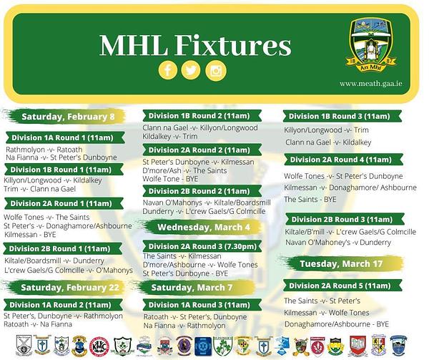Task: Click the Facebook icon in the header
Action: [168, 70]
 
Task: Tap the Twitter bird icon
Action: [191, 70]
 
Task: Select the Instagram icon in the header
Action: [216, 71]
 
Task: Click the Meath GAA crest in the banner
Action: [371, 44]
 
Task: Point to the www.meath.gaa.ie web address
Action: [370, 84]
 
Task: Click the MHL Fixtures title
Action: [195, 45]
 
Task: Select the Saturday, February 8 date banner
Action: [67, 117]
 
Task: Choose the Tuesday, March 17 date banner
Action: [341, 263]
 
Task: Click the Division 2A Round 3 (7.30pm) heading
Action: [202, 246]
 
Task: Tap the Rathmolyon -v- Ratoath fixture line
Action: [44, 150]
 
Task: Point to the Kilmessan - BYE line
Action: [30, 234]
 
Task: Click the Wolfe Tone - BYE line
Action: [170, 179]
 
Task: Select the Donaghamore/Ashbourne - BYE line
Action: [337, 324]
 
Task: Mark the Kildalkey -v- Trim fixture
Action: [170, 136]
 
